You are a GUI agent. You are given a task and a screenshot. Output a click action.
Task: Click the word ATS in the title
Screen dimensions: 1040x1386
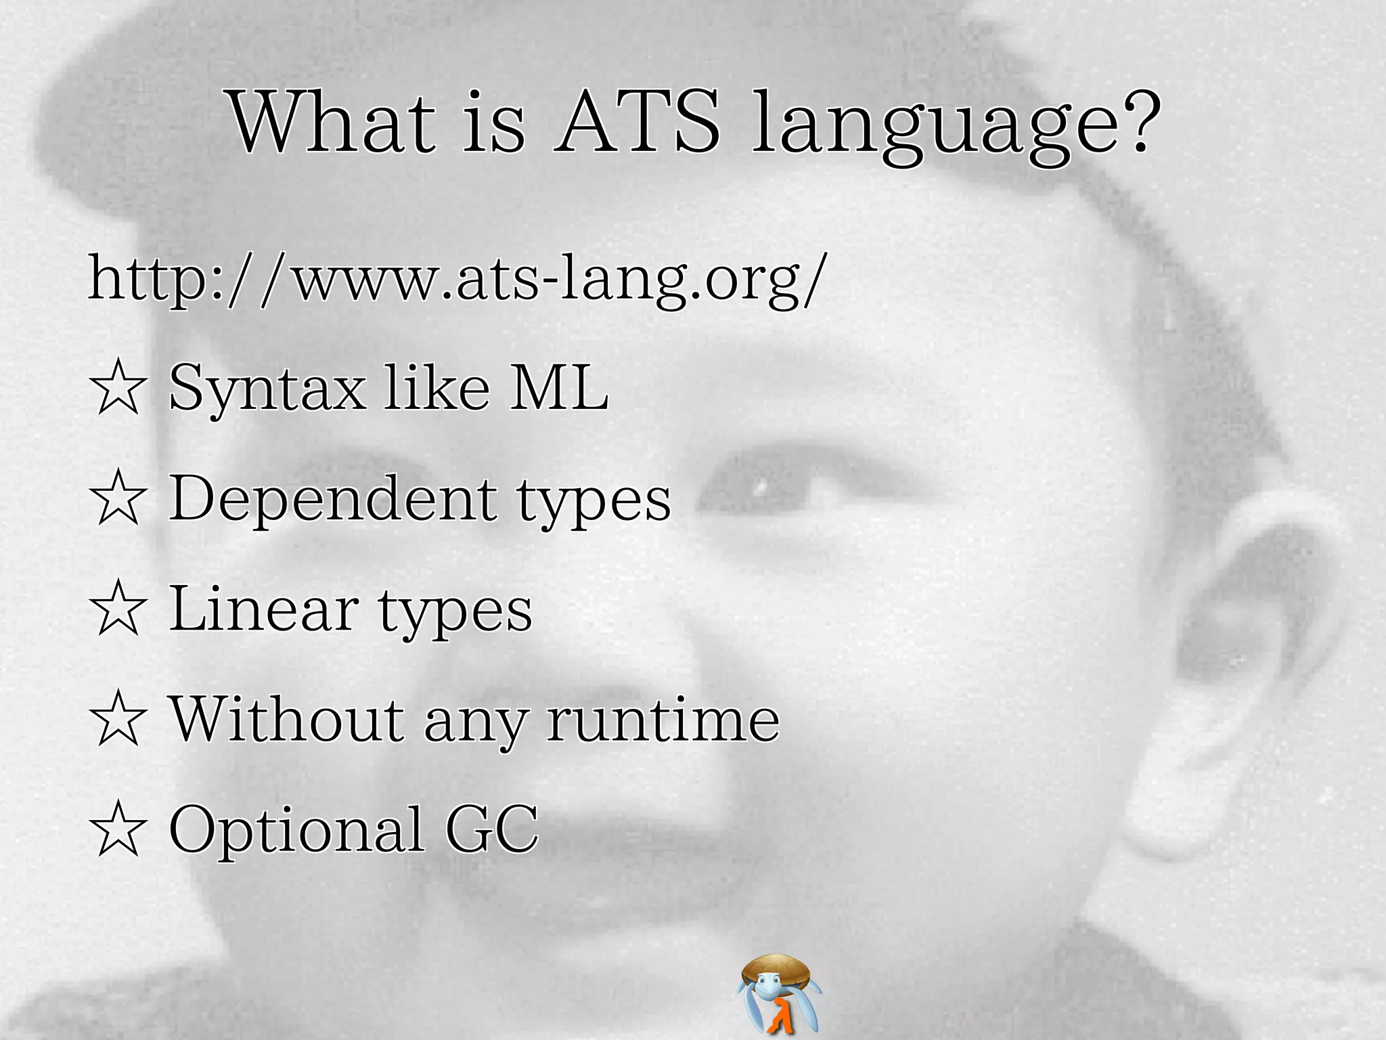638,123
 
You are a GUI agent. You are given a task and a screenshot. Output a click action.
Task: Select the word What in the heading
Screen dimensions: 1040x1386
332,123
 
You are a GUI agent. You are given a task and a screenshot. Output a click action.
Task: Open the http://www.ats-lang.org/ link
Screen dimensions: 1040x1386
457,279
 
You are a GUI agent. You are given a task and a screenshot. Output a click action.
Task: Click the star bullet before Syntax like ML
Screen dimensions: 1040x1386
118,387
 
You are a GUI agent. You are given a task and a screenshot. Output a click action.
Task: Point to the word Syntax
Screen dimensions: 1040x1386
267,389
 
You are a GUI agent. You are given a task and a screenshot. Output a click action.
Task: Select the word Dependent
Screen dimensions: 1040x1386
332,500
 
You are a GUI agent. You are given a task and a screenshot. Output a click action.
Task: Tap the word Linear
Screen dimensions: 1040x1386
264,609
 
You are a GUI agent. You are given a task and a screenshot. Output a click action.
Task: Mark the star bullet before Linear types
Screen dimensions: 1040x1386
118,609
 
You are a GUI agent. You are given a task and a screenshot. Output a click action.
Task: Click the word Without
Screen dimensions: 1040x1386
287,719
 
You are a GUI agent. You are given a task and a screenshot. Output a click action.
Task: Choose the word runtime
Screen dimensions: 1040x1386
663,719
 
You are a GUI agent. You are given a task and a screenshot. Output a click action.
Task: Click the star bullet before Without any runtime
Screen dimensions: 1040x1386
118,719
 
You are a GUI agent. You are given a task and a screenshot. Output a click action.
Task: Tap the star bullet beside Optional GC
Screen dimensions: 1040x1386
118,829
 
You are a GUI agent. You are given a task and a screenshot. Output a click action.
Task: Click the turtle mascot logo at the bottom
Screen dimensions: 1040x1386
779,993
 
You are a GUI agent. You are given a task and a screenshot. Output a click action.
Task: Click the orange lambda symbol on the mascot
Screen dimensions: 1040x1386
782,1016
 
